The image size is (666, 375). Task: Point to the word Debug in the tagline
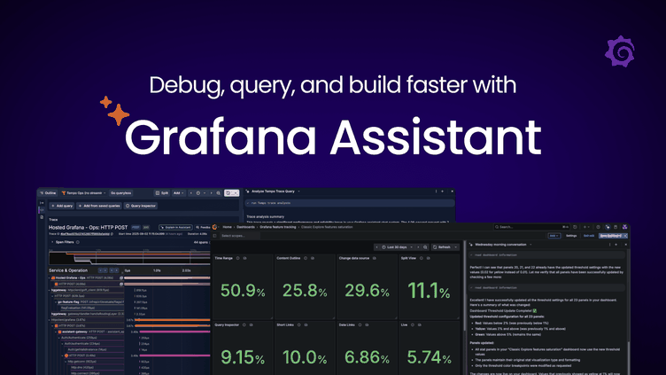pos(180,87)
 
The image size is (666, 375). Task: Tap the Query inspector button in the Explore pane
pos(141,205)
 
